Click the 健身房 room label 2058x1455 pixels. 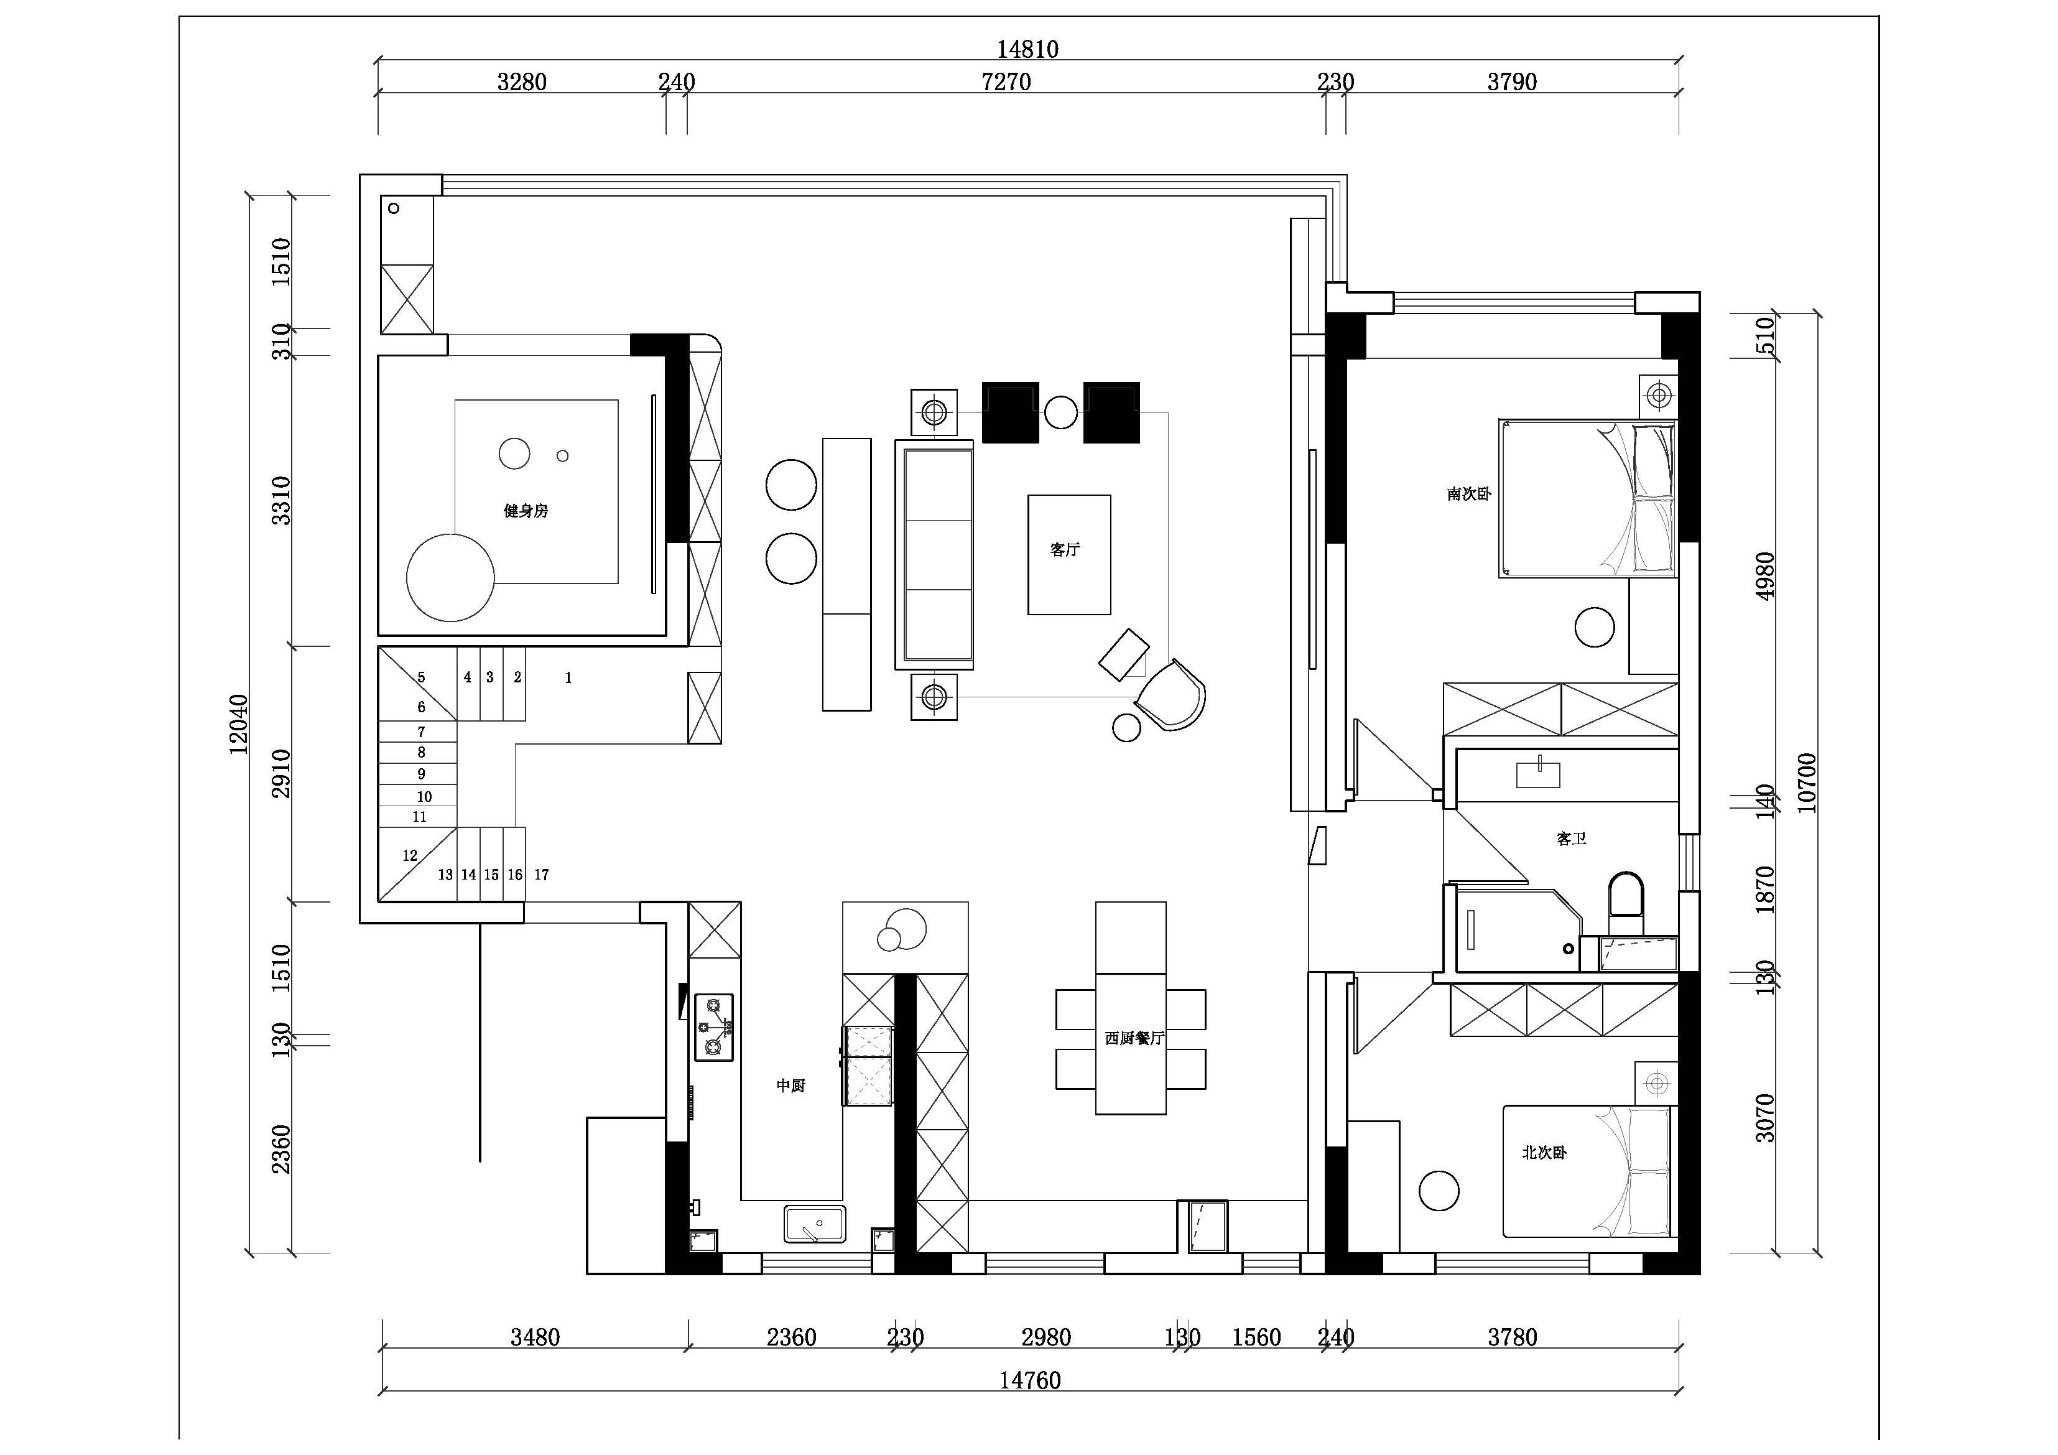(526, 511)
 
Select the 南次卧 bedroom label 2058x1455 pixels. (1468, 494)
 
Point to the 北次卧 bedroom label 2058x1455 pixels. (1544, 1153)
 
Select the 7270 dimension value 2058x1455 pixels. (1006, 81)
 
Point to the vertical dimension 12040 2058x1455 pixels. (238, 724)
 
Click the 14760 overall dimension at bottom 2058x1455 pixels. (1030, 1380)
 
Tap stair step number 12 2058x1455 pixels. (410, 856)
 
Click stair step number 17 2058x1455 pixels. (541, 875)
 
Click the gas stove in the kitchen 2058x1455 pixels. (715, 1028)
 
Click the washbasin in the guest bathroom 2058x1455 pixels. (1538, 774)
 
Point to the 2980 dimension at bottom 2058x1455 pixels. (1046, 1337)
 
